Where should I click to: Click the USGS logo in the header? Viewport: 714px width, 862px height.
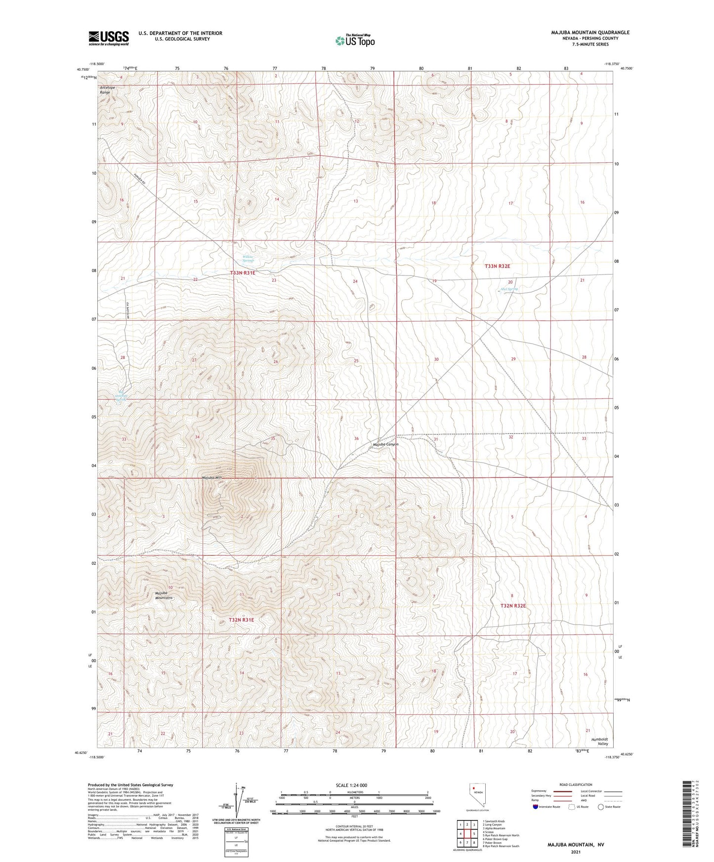(x=109, y=38)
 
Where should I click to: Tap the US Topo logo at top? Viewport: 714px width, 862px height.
(x=354, y=40)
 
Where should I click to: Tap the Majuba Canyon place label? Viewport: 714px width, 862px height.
(x=385, y=444)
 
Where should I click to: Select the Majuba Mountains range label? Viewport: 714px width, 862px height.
(x=164, y=595)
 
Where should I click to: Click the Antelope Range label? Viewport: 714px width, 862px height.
(x=106, y=90)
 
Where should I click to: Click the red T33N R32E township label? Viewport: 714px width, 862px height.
(x=497, y=266)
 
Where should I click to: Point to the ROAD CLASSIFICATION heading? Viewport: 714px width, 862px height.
(x=576, y=784)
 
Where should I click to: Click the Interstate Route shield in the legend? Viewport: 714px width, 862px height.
(x=536, y=807)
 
